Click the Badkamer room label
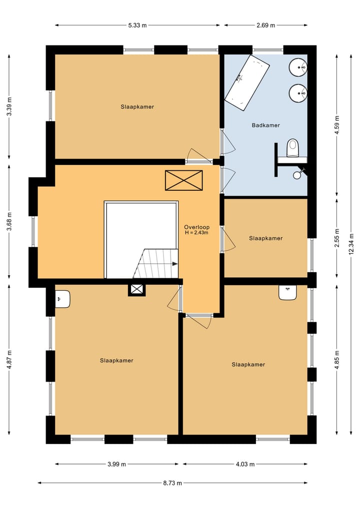click(x=265, y=125)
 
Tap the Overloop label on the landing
click(x=197, y=227)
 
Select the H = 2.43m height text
click(x=196, y=233)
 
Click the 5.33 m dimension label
click(x=137, y=25)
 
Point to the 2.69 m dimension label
click(x=265, y=25)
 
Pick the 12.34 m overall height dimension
click(x=351, y=244)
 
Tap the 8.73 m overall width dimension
click(x=172, y=483)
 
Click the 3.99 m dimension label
click(x=117, y=464)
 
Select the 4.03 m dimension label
click(x=245, y=464)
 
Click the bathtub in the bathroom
click(x=247, y=82)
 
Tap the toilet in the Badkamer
click(x=292, y=148)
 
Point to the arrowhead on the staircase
click(x=175, y=264)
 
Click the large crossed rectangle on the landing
click(x=184, y=180)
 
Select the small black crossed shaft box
click(x=137, y=289)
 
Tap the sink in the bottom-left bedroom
click(x=63, y=299)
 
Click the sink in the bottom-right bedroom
click(x=287, y=293)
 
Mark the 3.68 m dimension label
click(x=9, y=222)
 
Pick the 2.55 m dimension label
click(x=337, y=238)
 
